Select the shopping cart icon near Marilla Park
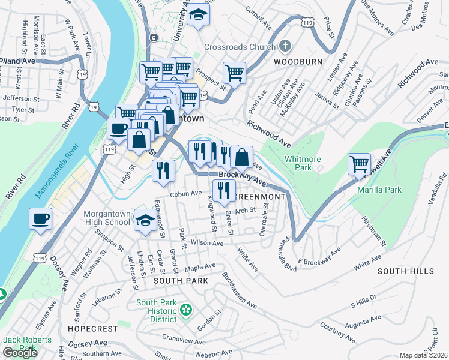pos(359,164)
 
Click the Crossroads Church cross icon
pos(285,46)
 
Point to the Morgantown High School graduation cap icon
pos(145,220)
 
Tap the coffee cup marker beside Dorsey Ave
pos(41,218)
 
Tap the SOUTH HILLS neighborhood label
pos(405,271)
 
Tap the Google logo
pos(20,353)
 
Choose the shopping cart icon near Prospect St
pos(234,73)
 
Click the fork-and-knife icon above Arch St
pos(224,191)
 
